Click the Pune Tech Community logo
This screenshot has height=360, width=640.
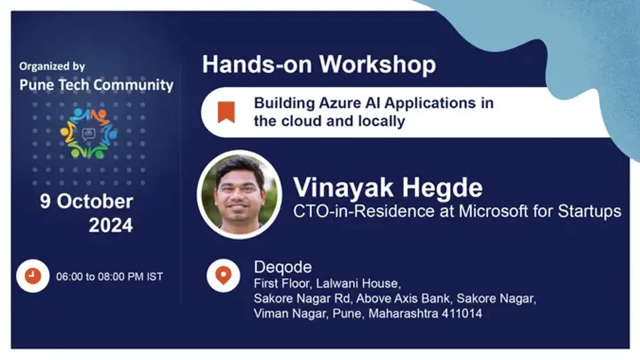pyautogui.click(x=87, y=133)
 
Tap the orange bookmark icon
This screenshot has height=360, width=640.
pyautogui.click(x=227, y=111)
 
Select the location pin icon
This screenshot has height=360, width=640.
pyautogui.click(x=223, y=275)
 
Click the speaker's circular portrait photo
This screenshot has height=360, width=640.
pyautogui.click(x=239, y=193)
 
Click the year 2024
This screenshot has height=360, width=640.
pyautogui.click(x=111, y=225)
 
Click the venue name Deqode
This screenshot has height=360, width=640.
pyautogui.click(x=283, y=267)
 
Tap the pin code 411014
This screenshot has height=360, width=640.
pyautogui.click(x=461, y=313)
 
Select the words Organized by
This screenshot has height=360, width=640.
pyautogui.click(x=52, y=67)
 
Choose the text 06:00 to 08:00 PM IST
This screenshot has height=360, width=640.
pyautogui.click(x=109, y=276)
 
